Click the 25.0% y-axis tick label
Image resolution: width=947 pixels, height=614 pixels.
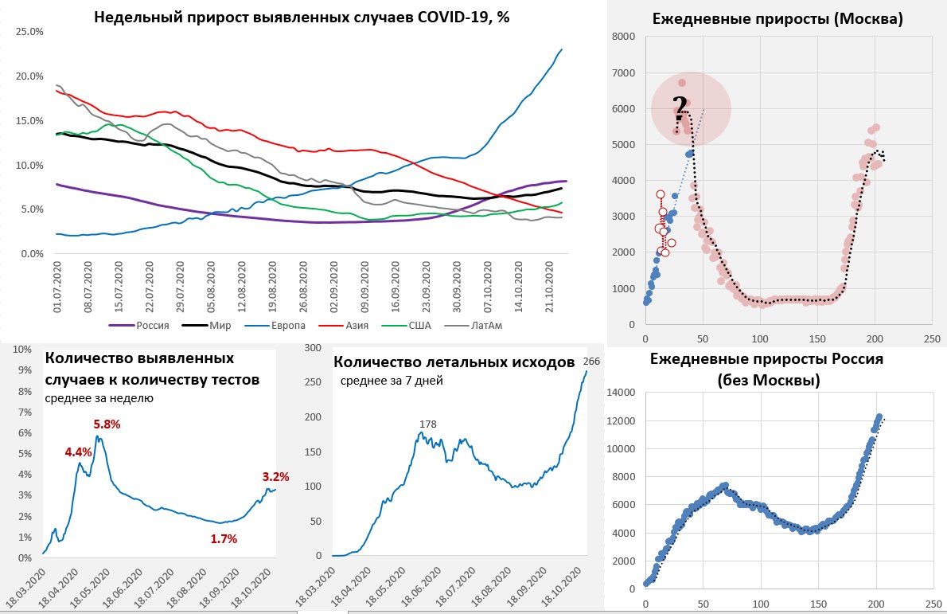point(29,31)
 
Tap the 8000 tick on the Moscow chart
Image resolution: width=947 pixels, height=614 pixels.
point(625,37)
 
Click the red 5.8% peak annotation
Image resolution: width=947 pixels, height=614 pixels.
point(107,424)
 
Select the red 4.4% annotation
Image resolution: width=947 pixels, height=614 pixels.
point(79,452)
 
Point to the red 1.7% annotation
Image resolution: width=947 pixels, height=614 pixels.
point(224,539)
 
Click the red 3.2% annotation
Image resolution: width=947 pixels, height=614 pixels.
point(275,477)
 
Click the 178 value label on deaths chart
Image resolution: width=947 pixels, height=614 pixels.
point(427,424)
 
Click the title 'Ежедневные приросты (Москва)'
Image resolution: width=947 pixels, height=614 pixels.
point(777,19)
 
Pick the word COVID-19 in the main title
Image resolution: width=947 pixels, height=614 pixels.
point(454,18)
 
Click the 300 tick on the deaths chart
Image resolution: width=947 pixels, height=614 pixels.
point(314,348)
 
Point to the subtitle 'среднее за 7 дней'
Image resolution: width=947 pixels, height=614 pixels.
point(392,381)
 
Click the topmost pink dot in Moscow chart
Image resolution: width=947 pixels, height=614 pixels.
point(682,83)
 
